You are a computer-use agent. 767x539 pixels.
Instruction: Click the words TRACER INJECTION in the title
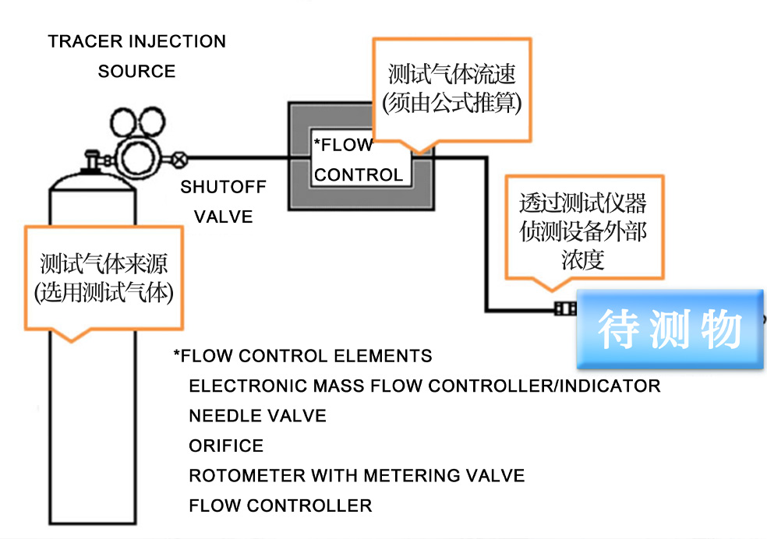pos(137,41)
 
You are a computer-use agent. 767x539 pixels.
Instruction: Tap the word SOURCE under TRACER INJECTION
pos(136,72)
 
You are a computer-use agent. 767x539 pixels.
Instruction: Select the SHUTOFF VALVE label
pos(224,202)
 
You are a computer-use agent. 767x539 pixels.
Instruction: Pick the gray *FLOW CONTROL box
pos(360,159)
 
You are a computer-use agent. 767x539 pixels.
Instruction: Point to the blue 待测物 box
pos(670,329)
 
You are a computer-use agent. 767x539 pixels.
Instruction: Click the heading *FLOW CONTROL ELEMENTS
pos(302,357)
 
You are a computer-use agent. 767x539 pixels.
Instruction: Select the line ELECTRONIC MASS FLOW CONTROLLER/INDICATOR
pos(425,386)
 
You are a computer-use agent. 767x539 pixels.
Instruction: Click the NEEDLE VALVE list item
pos(257,416)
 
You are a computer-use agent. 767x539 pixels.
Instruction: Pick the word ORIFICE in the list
pos(226,446)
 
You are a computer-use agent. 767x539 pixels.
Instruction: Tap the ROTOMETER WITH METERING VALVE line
pos(356,476)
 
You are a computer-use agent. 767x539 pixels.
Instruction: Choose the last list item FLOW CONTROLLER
pos(280,506)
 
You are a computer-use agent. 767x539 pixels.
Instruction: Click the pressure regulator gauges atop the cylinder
pos(140,136)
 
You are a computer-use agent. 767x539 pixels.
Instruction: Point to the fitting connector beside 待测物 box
pos(563,309)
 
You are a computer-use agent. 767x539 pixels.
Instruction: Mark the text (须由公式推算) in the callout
pos(452,102)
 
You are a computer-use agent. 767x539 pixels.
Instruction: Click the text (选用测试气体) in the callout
pos(104,294)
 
